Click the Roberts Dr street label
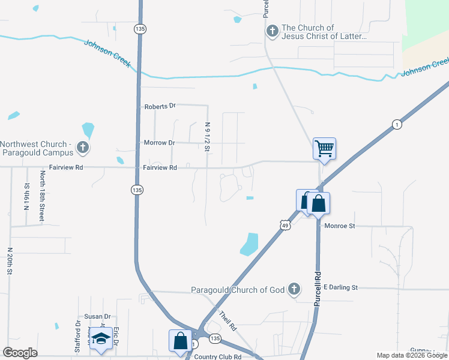pyautogui.click(x=160, y=106)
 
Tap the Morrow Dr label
pyautogui.click(x=159, y=143)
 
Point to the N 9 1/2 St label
pyautogui.click(x=208, y=137)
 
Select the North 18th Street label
pyautogui.click(x=43, y=196)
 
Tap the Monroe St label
pyautogui.click(x=340, y=226)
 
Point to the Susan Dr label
pyautogui.click(x=98, y=316)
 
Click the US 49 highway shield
pyautogui.click(x=285, y=224)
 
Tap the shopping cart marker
pyautogui.click(x=324, y=148)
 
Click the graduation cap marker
pyautogui.click(x=101, y=338)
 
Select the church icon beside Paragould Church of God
pyautogui.click(x=294, y=290)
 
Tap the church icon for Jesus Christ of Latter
pyautogui.click(x=272, y=32)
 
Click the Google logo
pyautogui.click(x=20, y=353)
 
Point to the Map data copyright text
pyautogui.click(x=412, y=356)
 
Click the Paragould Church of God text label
pyautogui.click(x=238, y=290)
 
